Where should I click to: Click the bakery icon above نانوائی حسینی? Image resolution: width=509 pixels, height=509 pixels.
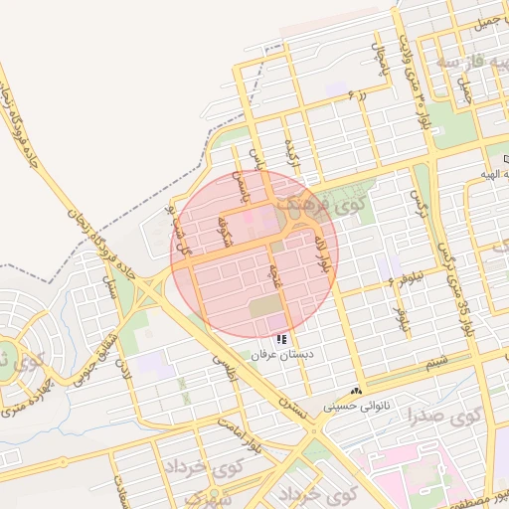(356, 391)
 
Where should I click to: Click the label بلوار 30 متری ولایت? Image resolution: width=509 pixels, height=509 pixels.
(407, 55)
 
